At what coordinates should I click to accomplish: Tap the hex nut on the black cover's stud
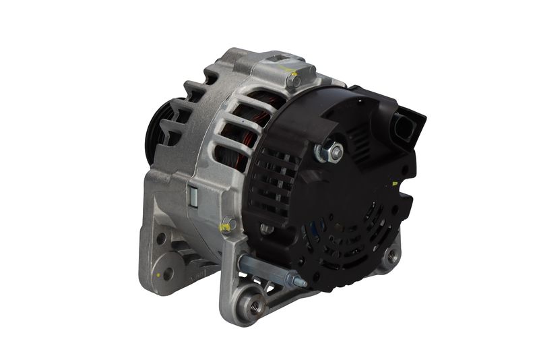click(x=336, y=153)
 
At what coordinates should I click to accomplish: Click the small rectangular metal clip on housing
click(x=193, y=196)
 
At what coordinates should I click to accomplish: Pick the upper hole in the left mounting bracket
click(x=161, y=239)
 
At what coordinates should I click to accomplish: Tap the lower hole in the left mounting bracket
click(x=166, y=273)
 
